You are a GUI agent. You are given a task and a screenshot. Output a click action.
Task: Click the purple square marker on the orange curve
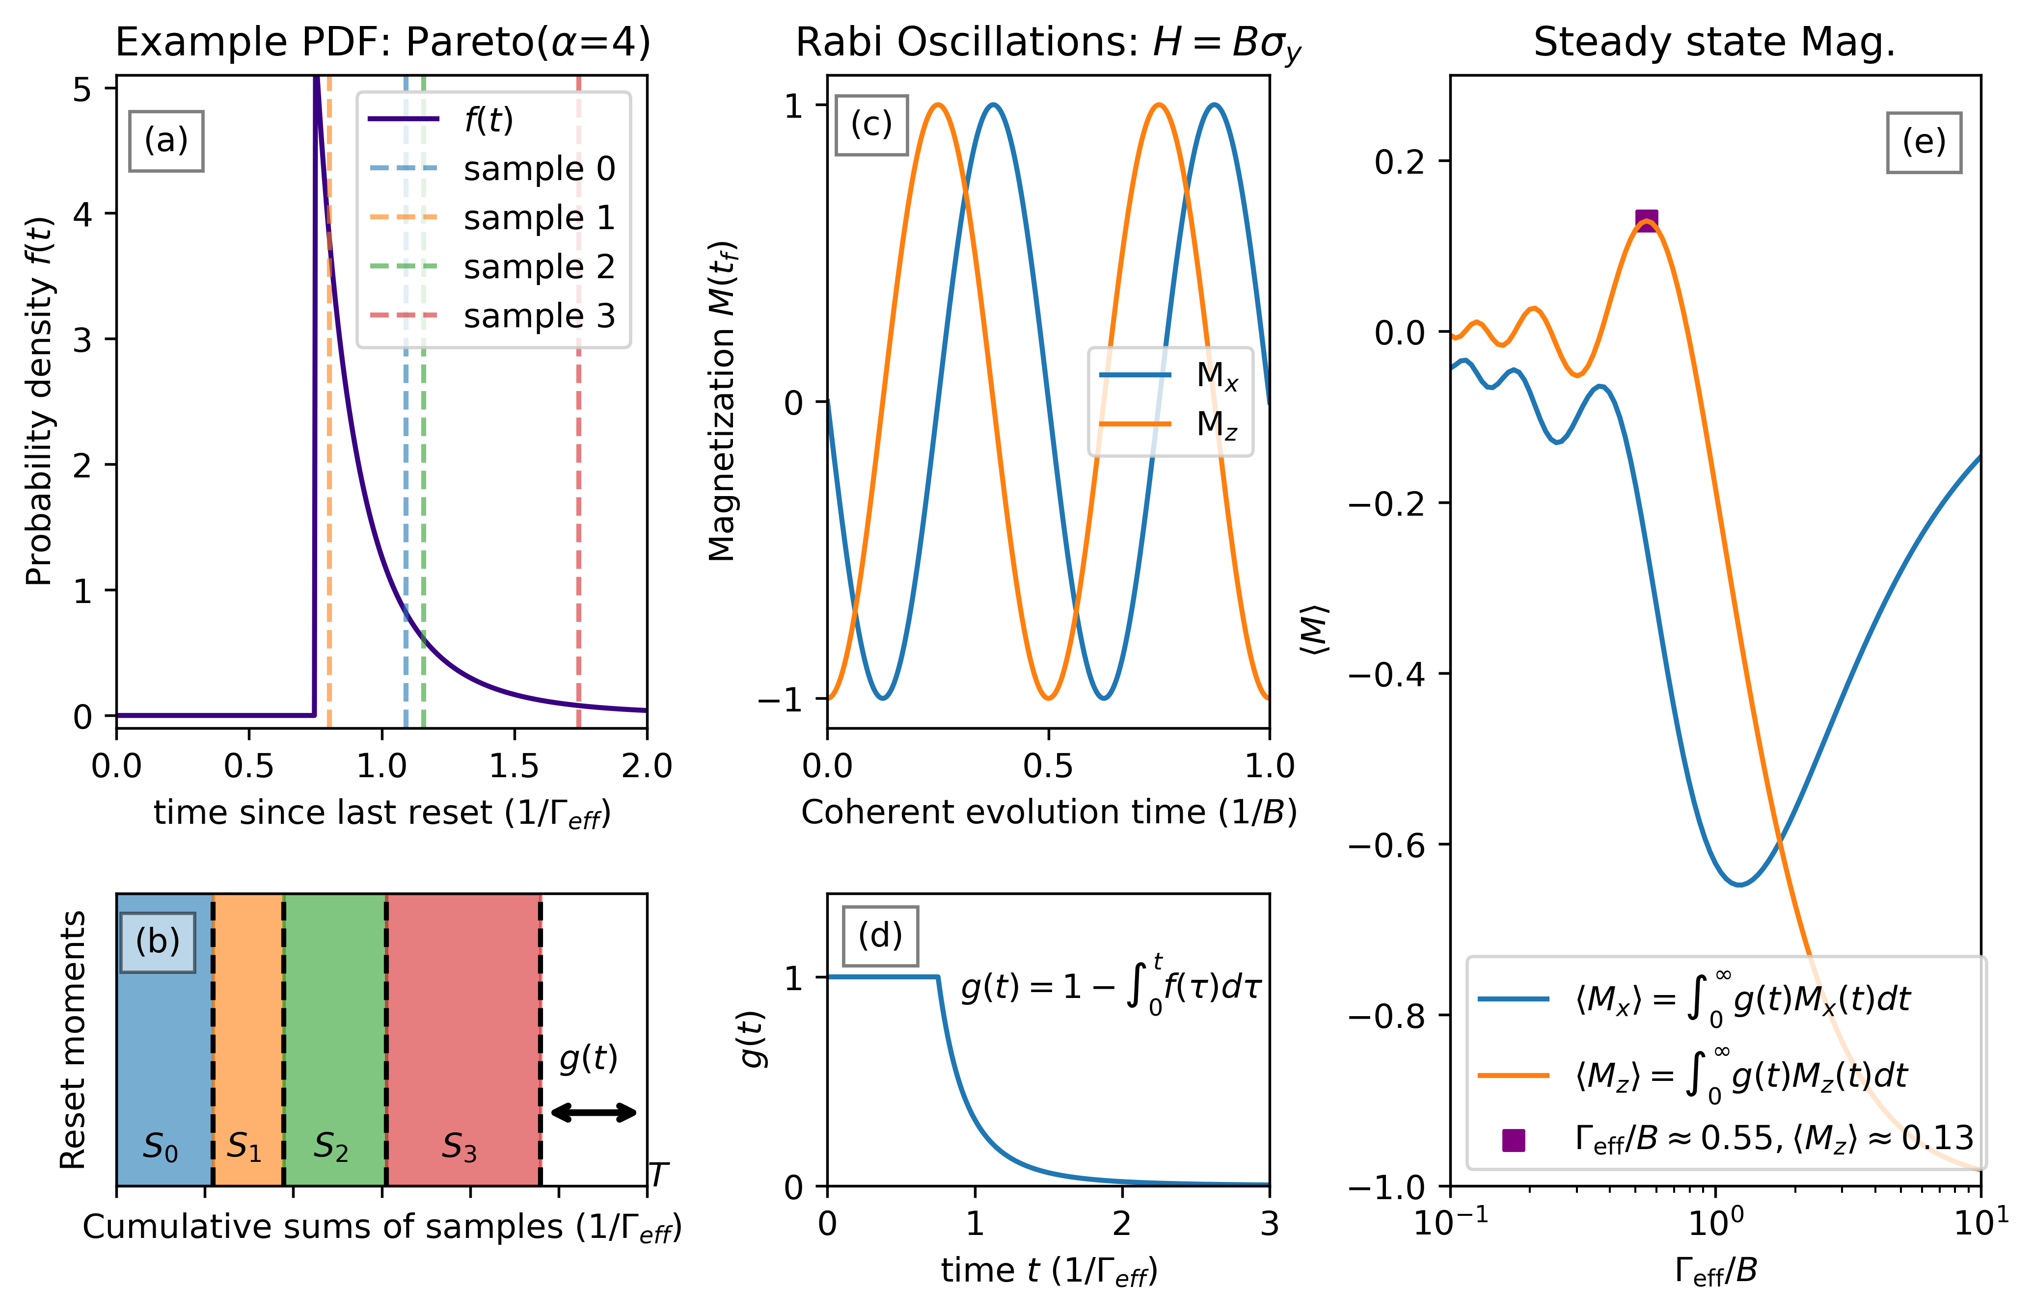(x=1647, y=221)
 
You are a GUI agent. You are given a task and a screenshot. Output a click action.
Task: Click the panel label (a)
(x=166, y=140)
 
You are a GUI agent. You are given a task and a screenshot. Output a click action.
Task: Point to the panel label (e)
(x=1924, y=142)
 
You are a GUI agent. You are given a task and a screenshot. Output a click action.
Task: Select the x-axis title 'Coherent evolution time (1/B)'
(x=1049, y=812)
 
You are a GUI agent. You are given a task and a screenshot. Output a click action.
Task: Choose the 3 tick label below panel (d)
(x=1269, y=1223)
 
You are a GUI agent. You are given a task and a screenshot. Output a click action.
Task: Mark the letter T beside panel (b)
(x=658, y=1175)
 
